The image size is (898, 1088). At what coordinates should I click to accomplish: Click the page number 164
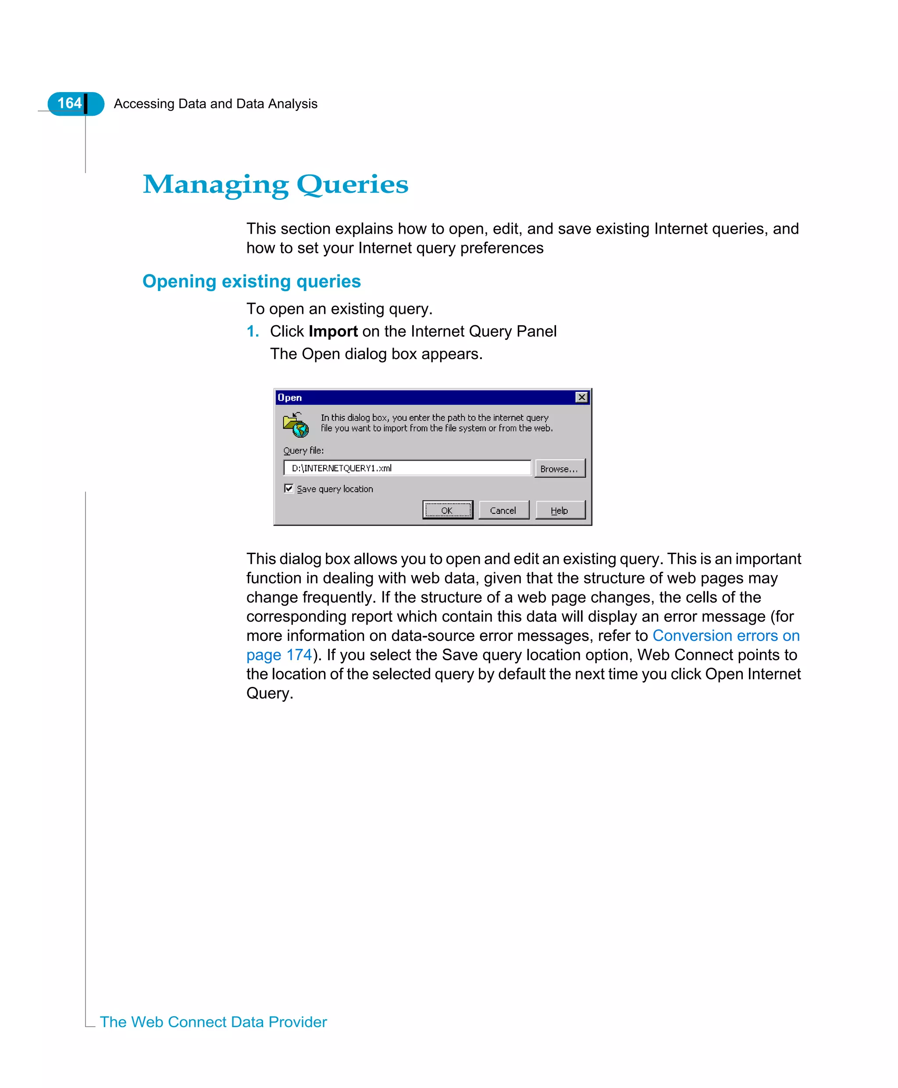[x=69, y=103]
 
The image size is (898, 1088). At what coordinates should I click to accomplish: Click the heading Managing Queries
[x=275, y=185]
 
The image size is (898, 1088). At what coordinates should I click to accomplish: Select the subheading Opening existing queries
[x=251, y=281]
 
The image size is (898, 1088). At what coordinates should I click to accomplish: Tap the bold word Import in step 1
[x=333, y=331]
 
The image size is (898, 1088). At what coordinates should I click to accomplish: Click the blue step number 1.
[x=252, y=331]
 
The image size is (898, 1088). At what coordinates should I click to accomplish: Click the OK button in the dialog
[x=447, y=510]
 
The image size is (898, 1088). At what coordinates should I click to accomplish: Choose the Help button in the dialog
[x=559, y=510]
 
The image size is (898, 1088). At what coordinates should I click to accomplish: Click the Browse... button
[x=559, y=469]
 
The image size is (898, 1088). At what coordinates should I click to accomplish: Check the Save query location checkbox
[x=289, y=488]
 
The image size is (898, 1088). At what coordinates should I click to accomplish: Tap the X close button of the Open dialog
[x=581, y=397]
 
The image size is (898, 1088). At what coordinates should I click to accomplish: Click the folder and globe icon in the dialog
[x=296, y=424]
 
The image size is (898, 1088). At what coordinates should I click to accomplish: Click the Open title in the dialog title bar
[x=290, y=398]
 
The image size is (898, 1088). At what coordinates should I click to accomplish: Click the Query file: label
[x=303, y=450]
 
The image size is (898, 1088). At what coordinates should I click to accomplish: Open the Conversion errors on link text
[x=726, y=636]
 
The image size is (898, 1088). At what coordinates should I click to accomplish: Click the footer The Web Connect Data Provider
[x=213, y=1022]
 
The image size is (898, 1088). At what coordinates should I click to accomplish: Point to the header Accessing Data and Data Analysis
[x=215, y=104]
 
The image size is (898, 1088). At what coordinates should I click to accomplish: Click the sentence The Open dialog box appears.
[x=376, y=354]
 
